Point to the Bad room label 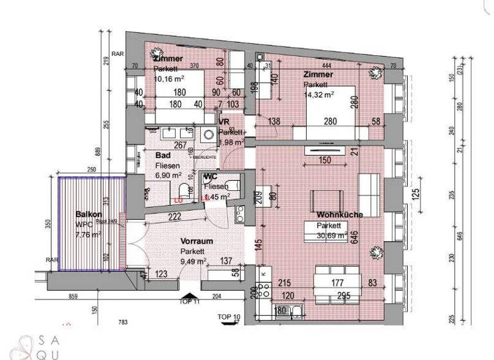pos(163,156)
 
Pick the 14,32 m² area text pos(319,94)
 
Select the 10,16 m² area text pos(169,79)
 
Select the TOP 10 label pos(228,317)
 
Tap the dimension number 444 pos(327,66)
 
